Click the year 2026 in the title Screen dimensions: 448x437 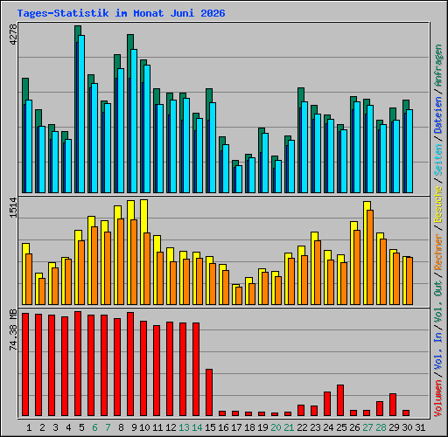click(213, 13)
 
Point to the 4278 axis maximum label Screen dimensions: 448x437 click(13, 35)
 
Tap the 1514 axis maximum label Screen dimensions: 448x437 click(13, 208)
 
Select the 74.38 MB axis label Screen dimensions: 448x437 click(13, 329)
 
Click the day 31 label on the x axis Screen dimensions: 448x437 click(420, 427)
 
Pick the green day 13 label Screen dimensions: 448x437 click(184, 427)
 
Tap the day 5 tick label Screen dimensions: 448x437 click(81, 427)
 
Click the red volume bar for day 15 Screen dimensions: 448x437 click(209, 392)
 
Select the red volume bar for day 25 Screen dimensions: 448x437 click(340, 400)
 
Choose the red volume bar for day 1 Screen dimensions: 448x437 click(25, 364)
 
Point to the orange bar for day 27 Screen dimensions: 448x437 click(370, 258)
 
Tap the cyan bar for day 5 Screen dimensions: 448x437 click(81, 114)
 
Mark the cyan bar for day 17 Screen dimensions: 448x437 click(239, 179)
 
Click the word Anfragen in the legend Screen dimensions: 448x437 click(438, 66)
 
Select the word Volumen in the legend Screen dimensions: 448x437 click(438, 398)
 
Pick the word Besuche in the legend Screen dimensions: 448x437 click(438, 205)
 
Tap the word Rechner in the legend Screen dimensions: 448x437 click(438, 252)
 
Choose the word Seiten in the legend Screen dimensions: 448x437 click(438, 160)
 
